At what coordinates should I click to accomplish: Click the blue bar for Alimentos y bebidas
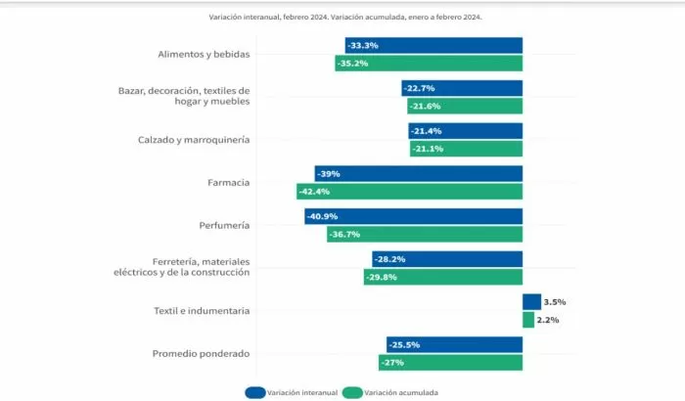click(434, 46)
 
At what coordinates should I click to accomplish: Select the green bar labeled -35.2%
click(429, 64)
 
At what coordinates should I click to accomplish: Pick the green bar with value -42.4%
click(410, 192)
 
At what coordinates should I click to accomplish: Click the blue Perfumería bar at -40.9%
click(413, 216)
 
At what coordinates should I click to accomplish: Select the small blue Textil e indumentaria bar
click(531, 302)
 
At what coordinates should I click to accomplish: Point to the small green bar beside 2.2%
click(528, 320)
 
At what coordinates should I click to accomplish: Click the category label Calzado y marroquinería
click(193, 140)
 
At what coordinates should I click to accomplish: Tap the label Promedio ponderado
click(201, 353)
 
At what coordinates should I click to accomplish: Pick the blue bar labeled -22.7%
click(462, 88)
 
